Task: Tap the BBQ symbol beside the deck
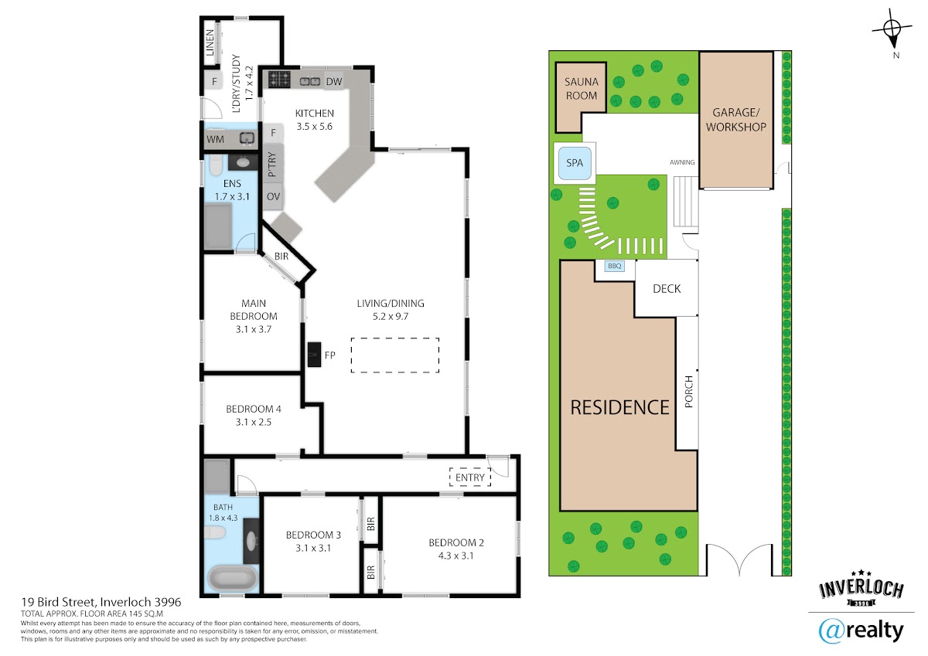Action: (x=614, y=266)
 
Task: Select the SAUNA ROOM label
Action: (x=582, y=89)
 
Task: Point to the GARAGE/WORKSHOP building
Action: (x=736, y=120)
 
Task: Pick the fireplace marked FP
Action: (x=314, y=355)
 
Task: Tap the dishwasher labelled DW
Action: (x=334, y=81)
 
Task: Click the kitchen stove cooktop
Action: (x=279, y=80)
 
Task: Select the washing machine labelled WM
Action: (x=215, y=139)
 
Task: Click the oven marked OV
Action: (x=273, y=196)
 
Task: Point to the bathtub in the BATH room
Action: (x=232, y=578)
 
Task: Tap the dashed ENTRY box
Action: (x=470, y=478)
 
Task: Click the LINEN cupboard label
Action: (x=210, y=42)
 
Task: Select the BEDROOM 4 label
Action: (x=254, y=410)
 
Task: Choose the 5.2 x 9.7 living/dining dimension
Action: (x=391, y=317)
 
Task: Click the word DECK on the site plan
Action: (x=667, y=289)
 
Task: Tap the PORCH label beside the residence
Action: (x=688, y=392)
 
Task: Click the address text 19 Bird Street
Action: (x=59, y=602)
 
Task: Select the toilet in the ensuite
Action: (x=216, y=165)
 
